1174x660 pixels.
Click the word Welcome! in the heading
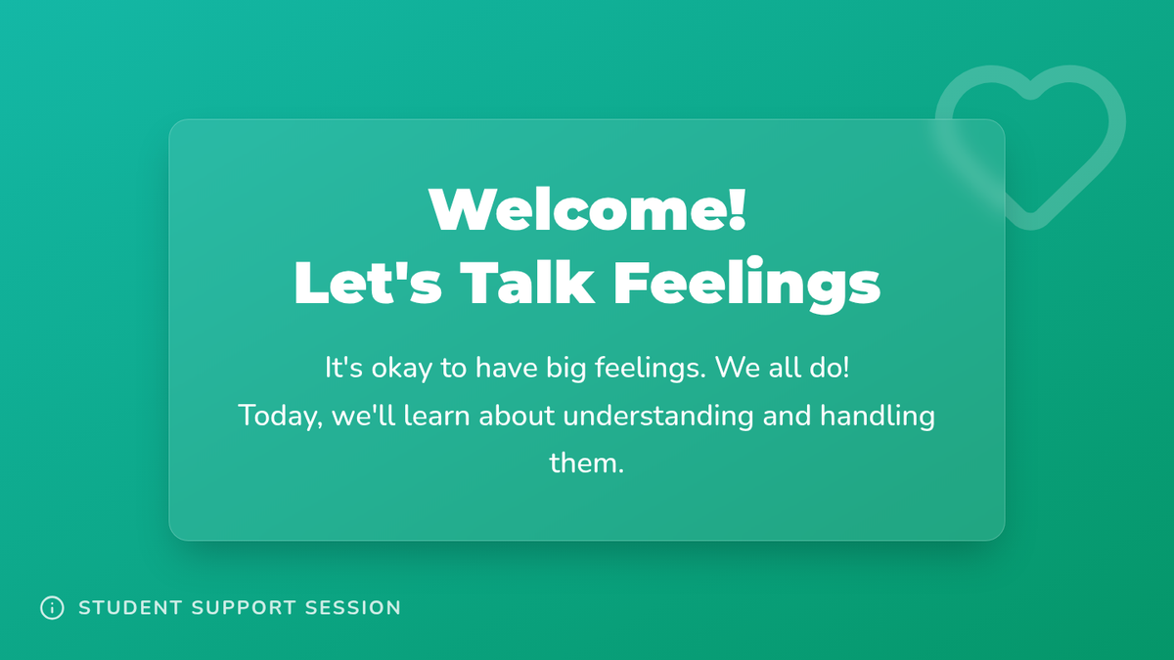click(588, 209)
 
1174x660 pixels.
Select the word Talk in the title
click(527, 283)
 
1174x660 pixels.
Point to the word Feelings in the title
click(746, 285)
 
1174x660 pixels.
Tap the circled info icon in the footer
click(53, 607)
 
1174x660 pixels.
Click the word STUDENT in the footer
click(130, 608)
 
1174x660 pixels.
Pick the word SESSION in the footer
click(353, 608)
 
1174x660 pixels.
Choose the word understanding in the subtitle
click(658, 417)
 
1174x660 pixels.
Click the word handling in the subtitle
click(878, 417)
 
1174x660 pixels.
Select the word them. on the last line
click(586, 463)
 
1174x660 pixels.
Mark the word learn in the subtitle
click(436, 416)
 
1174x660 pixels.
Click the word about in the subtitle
click(517, 416)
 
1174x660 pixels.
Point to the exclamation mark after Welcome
click(738, 209)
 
